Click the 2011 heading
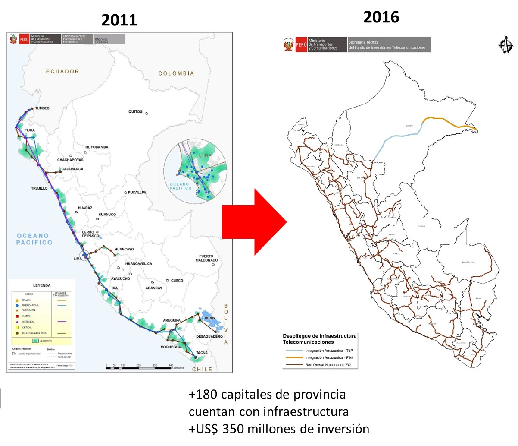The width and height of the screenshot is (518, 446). (x=119, y=20)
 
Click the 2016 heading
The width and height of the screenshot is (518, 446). (x=381, y=17)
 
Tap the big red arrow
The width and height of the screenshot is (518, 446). (x=254, y=221)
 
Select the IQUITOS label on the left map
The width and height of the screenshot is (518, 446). (x=135, y=111)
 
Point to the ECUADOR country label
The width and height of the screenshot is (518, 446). (x=62, y=71)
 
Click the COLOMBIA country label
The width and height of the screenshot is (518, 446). (x=176, y=73)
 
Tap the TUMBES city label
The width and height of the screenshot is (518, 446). (x=42, y=108)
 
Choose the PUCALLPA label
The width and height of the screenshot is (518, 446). (x=137, y=192)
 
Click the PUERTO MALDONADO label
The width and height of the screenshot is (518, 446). (x=206, y=258)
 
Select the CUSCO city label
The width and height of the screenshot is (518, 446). (x=177, y=281)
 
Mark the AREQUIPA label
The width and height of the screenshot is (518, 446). (x=172, y=320)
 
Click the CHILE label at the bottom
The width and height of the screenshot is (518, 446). (x=202, y=369)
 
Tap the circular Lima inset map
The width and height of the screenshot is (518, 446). (x=195, y=171)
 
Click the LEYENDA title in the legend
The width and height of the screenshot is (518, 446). (x=42, y=285)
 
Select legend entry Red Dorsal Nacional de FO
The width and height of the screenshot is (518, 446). (x=328, y=365)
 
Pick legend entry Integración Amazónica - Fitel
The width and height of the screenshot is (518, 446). (x=329, y=357)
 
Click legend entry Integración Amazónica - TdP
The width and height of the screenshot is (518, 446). (x=329, y=351)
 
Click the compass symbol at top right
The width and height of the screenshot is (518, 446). (x=505, y=44)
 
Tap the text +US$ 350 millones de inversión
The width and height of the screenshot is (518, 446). (x=279, y=429)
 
